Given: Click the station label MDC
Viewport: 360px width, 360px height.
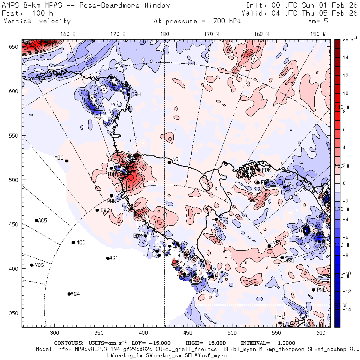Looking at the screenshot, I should click(x=59, y=158).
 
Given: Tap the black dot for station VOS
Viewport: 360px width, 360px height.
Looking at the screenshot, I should click(x=32, y=265).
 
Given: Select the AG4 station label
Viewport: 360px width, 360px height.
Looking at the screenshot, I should click(x=75, y=294).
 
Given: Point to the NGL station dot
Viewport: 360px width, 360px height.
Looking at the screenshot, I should click(x=169, y=162).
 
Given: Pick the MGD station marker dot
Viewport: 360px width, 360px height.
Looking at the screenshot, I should click(x=73, y=242).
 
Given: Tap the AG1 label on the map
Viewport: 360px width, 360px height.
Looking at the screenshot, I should click(x=114, y=258).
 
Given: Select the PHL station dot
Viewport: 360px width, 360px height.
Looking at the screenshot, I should click(x=280, y=323).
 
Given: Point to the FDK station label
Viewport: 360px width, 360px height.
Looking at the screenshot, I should click(x=266, y=170).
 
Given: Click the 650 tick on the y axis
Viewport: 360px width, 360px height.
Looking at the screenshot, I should click(x=14, y=47).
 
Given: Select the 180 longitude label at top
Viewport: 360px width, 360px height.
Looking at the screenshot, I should click(x=164, y=34).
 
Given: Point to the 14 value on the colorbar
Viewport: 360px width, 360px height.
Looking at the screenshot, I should click(x=345, y=58).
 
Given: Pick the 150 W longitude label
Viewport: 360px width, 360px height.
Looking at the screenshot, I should click(x=318, y=34).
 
